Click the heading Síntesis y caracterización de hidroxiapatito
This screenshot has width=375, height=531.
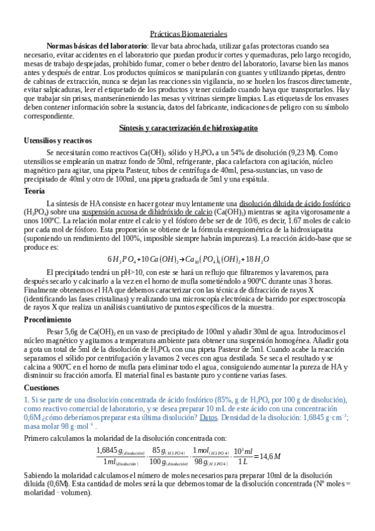point(188,128)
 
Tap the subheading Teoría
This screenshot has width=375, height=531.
point(34,191)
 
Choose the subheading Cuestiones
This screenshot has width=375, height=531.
point(41,388)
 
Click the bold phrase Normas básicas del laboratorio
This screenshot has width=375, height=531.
point(97,46)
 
